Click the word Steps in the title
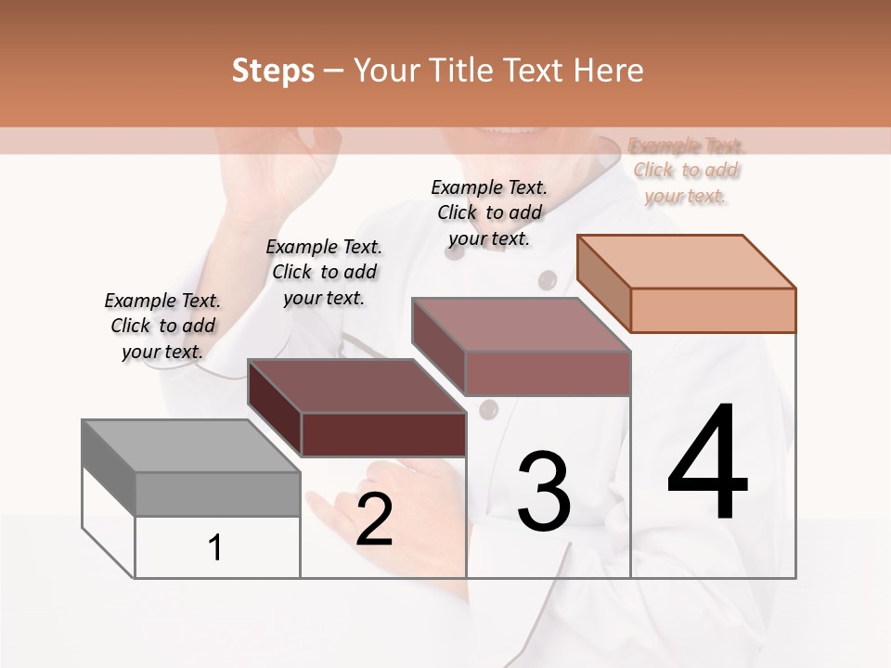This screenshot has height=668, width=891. point(273,71)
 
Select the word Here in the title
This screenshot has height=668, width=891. point(608,71)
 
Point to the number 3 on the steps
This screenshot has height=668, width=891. point(544,491)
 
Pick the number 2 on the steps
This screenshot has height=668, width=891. point(374,520)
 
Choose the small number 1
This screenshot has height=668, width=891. point(215,548)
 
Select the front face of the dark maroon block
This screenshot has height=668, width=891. point(383,434)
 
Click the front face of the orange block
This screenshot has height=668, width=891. point(713,310)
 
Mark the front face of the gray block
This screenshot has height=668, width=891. point(217,494)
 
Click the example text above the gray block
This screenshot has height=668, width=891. point(162,326)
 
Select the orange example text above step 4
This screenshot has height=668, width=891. point(686,171)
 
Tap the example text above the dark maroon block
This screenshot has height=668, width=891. point(324,272)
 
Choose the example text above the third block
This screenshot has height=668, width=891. point(489,212)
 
